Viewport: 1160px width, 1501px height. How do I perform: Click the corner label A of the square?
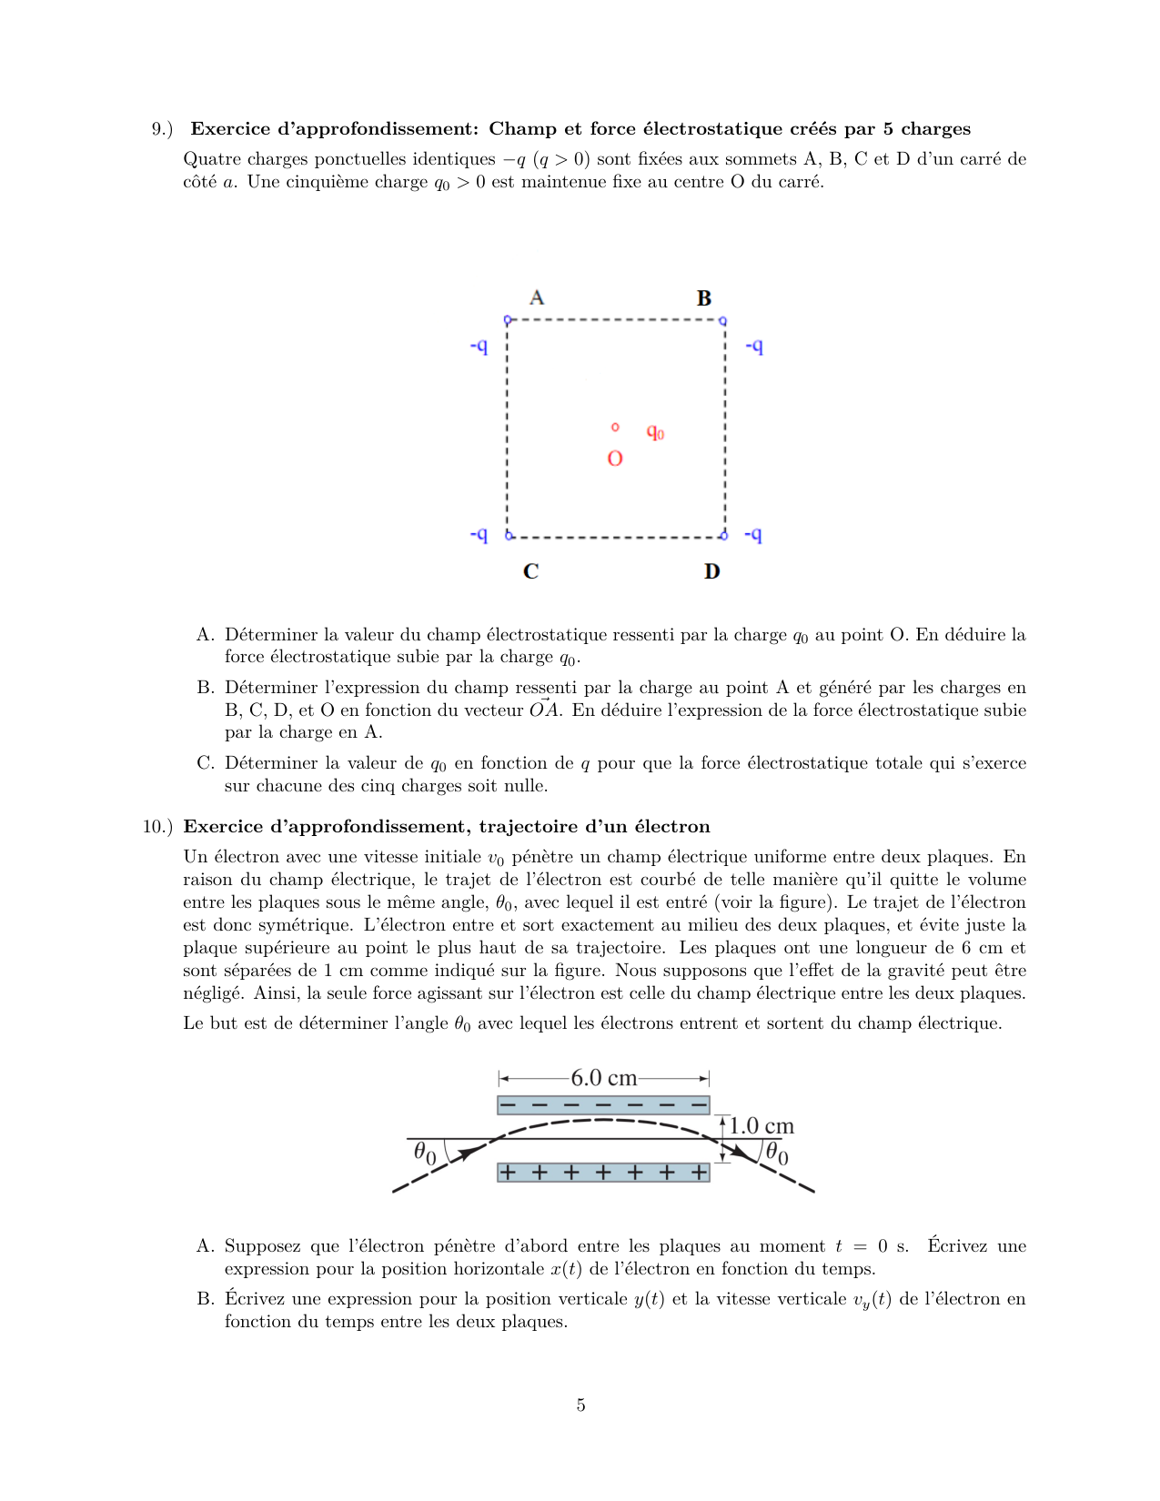[x=537, y=297]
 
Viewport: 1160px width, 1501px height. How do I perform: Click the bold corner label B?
[x=704, y=298]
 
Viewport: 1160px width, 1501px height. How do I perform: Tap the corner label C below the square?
[x=531, y=571]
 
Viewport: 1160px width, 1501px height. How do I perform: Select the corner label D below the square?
[x=711, y=571]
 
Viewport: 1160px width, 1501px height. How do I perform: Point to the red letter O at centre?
[x=615, y=458]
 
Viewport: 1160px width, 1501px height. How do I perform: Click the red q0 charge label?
[x=655, y=432]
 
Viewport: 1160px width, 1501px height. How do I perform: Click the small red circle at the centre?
[x=615, y=427]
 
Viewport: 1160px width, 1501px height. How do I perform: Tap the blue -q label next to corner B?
[x=754, y=346]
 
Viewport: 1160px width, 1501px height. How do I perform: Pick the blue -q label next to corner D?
[x=753, y=535]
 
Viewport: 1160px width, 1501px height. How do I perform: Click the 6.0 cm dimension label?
[x=603, y=1078]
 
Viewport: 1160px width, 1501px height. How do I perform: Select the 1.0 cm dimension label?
[x=762, y=1126]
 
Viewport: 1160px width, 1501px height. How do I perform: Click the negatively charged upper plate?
[x=603, y=1105]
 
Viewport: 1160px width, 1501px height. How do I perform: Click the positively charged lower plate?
[x=603, y=1172]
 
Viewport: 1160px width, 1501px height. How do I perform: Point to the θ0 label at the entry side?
[x=425, y=1153]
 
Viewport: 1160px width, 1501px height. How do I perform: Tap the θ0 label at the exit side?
[x=777, y=1153]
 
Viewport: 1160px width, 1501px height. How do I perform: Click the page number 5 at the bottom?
[x=580, y=1405]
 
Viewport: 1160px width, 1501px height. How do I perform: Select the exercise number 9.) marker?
[x=162, y=129]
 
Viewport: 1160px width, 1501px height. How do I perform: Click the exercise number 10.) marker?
[x=157, y=827]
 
